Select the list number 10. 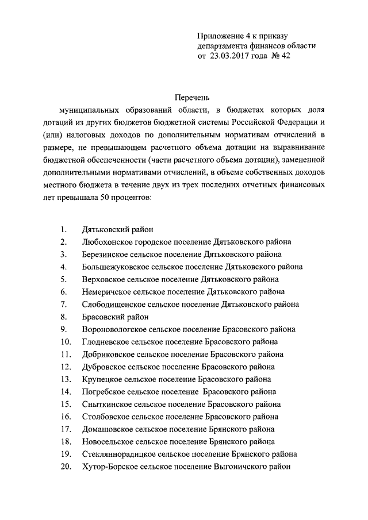click(x=64, y=341)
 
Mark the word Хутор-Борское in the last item click(x=108, y=467)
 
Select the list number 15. click(x=64, y=404)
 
